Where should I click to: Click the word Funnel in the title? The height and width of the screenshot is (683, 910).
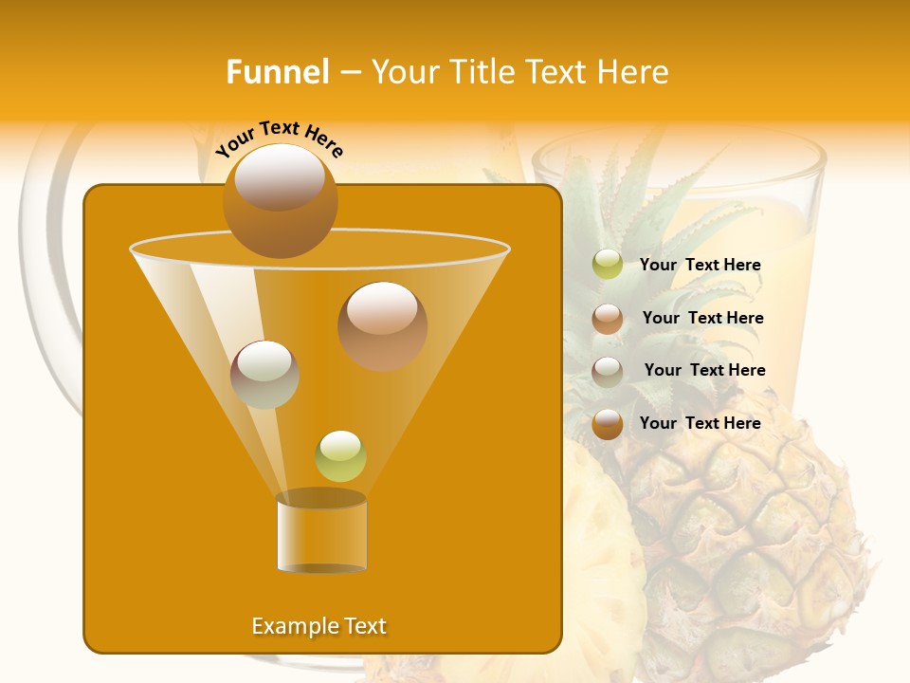coord(277,72)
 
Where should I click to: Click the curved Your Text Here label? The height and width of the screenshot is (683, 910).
coord(279,138)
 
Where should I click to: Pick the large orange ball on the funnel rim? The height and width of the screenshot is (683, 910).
coord(280,201)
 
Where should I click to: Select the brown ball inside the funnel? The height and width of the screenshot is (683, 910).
coord(382,325)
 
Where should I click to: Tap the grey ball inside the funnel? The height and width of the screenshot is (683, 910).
coord(264,374)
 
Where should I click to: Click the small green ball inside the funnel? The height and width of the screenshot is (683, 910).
coord(340,455)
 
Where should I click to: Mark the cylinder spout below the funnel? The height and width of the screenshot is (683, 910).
coord(321,532)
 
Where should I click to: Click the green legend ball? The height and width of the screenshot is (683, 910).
coord(608,265)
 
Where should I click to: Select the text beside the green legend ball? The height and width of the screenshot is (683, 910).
coord(700,265)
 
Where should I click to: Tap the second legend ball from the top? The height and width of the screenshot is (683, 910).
coord(608,319)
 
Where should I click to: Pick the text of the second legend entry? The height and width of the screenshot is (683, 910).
coord(702,318)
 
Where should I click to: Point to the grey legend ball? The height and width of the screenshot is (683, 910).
coord(608,372)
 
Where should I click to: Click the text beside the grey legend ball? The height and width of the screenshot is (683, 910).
coord(704,370)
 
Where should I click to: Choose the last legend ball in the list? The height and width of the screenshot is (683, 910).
coord(608,424)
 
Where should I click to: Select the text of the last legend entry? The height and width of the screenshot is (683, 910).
coord(700,423)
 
